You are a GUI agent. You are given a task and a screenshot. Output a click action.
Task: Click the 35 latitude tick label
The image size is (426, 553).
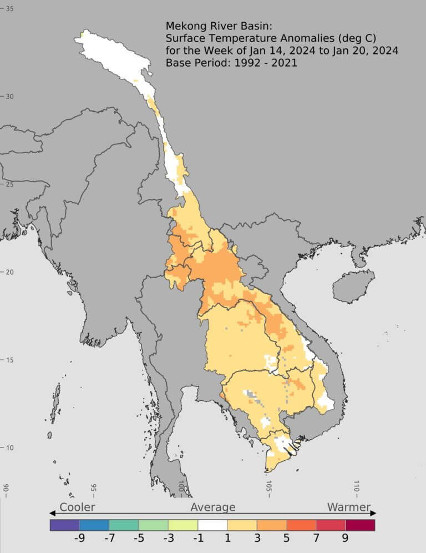click(x=9, y=8)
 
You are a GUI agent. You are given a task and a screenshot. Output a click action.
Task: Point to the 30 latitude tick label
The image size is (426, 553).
click(x=9, y=96)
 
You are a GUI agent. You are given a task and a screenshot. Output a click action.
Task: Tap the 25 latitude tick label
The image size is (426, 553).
click(x=9, y=184)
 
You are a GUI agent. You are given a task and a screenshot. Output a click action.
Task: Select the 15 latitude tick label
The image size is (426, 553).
click(x=9, y=360)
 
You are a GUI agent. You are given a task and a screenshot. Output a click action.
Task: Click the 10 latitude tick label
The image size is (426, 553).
click(x=9, y=448)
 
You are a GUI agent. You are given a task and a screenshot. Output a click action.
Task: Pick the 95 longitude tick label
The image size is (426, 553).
click(x=94, y=488)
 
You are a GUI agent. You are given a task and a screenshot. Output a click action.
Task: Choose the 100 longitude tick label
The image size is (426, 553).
click(x=181, y=488)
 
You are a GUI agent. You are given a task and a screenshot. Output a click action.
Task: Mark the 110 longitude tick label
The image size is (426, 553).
click(x=356, y=488)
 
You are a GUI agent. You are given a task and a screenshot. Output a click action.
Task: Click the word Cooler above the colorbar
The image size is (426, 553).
click(x=77, y=507)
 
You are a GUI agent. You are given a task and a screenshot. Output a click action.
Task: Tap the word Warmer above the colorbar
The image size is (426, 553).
click(x=348, y=507)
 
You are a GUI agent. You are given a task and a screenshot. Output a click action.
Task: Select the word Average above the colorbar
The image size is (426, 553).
click(x=213, y=507)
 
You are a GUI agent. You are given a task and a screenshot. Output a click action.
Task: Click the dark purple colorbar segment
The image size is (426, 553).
click(x=64, y=525)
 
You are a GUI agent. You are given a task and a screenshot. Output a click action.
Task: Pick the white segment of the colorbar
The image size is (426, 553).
click(x=212, y=525)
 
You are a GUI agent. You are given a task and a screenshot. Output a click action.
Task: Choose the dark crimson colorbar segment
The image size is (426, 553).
click(x=361, y=525)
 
